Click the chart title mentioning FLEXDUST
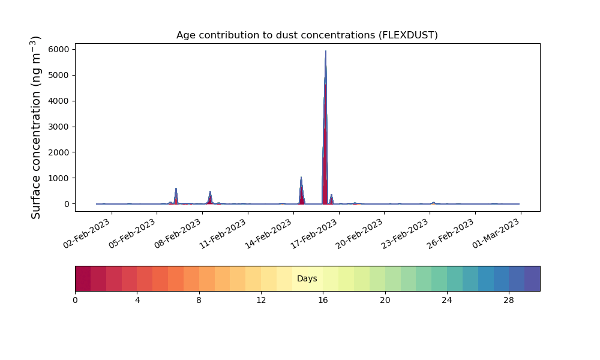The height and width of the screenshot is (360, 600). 307,35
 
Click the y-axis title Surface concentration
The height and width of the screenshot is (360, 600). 35,127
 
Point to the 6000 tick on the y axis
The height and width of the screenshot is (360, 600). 59,49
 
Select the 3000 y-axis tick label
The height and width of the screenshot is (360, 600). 59,127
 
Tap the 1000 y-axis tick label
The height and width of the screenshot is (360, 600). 59,178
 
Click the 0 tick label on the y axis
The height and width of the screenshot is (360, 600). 67,204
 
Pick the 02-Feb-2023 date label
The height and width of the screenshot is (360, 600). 87,233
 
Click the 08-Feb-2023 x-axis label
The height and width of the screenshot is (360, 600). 178,233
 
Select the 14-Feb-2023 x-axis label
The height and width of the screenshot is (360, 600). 269,233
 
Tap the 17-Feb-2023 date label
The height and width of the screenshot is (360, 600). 314,233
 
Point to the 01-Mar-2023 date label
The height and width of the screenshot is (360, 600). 496,233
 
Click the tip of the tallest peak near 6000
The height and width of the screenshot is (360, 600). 326,51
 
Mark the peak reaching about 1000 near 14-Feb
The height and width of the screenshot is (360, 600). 301,177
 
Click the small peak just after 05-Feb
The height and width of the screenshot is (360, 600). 176,188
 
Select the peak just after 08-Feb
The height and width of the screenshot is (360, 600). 210,191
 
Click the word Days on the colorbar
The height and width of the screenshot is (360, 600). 307,278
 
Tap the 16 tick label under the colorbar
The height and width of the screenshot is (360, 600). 323,301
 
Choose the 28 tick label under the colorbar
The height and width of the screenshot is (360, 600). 509,301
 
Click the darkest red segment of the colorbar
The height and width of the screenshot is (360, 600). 83,278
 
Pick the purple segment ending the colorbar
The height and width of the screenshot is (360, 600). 532,278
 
